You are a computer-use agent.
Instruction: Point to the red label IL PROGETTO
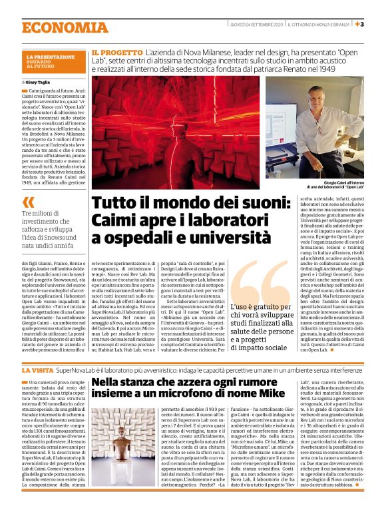(117, 51)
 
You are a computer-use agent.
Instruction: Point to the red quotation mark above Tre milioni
(28, 202)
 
